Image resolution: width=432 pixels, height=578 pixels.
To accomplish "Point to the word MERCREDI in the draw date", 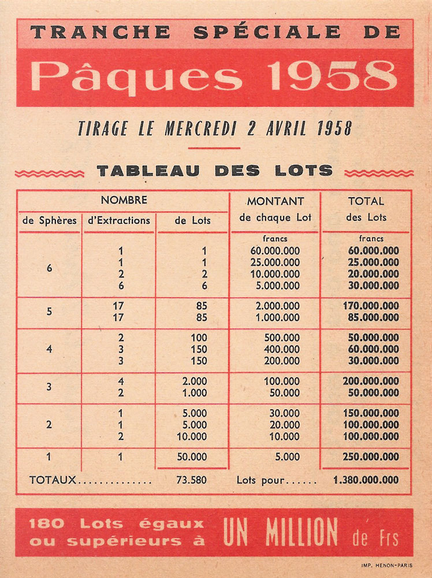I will click(198, 128).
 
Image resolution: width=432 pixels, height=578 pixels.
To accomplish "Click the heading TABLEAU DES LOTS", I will click(214, 171).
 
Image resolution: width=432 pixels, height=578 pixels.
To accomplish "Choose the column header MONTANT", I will click(275, 201).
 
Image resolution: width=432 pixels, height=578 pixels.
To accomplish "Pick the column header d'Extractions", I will click(118, 220).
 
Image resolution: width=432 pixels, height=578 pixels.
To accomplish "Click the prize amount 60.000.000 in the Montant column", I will click(275, 251).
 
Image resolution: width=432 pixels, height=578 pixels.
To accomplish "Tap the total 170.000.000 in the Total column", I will click(374, 306).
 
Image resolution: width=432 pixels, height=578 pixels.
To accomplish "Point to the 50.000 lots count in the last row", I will click(192, 457).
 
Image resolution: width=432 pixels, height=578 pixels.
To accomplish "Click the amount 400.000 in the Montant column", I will click(282, 349).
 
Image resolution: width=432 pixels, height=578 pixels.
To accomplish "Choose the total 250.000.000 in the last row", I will click(374, 457).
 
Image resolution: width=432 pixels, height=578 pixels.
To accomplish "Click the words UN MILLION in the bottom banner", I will click(280, 532).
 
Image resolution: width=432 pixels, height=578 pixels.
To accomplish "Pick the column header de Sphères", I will click(49, 220).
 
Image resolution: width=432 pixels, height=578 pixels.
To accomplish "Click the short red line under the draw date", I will click(214, 148).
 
